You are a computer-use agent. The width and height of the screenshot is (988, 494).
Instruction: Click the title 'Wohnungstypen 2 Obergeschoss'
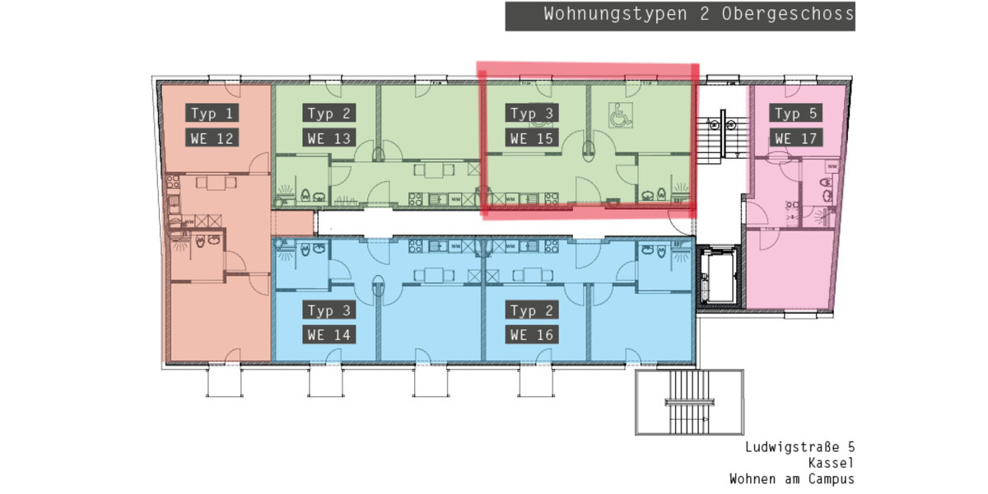[x=680, y=16]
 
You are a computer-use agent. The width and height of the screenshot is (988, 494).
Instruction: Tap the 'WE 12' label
[x=212, y=138]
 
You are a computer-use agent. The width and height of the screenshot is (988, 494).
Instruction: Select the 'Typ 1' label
[x=212, y=113]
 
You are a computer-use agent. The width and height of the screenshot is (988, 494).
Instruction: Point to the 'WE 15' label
[x=532, y=138]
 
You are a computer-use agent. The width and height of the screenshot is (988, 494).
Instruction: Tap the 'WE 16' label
[x=532, y=335]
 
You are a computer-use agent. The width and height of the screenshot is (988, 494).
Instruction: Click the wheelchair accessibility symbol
[x=618, y=115]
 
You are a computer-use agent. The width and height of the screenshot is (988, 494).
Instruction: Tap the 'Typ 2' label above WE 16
[x=532, y=310]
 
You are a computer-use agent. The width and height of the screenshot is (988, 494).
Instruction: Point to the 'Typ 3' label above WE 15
[x=532, y=113]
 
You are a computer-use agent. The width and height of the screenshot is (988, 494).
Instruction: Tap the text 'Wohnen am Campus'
[x=792, y=478]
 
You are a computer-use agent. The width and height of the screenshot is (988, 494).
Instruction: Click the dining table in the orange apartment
[x=216, y=184]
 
